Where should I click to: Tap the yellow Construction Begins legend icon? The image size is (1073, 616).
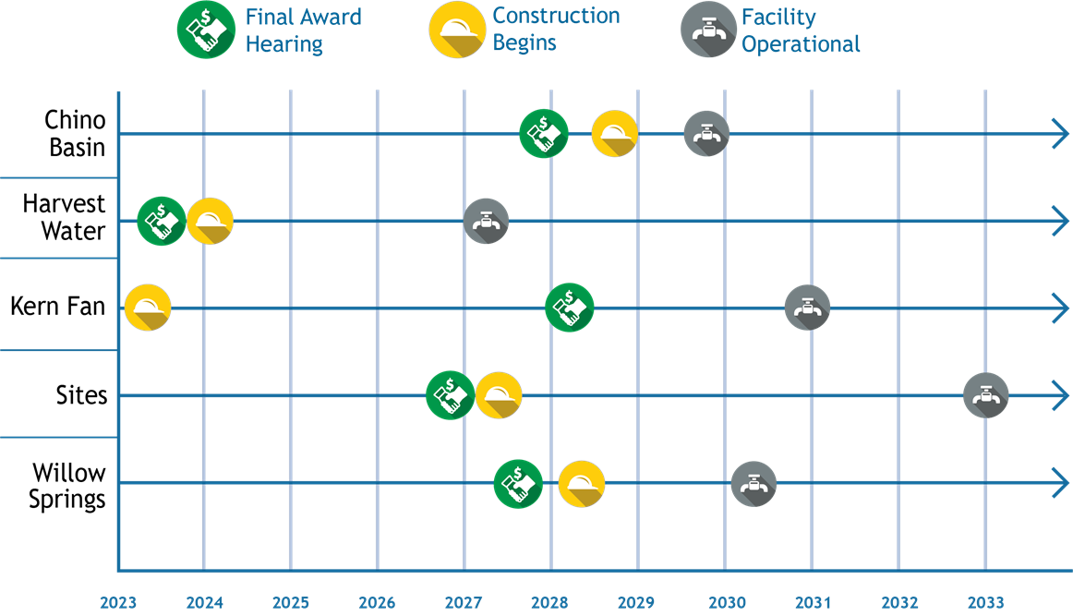pos(457,30)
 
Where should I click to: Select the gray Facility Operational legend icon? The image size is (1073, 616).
pos(707,30)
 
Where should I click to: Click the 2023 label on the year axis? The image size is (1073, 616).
pos(118,603)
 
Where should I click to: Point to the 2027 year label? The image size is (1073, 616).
pos(464,603)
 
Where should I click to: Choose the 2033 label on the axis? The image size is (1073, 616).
pos(985,603)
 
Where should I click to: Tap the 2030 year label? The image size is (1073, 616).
pos(727,603)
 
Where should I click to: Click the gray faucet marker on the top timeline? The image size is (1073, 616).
pos(706,134)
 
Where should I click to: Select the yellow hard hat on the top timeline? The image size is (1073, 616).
pos(614,134)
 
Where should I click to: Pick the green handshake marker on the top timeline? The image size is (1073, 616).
pos(543,134)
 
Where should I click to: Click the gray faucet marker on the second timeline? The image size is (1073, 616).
pos(486,222)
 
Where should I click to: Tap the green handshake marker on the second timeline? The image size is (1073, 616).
pos(162,222)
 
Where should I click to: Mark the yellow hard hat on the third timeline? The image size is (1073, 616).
pos(148,308)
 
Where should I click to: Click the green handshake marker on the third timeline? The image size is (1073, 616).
pos(569,308)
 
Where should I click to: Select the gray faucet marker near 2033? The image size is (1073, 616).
pos(986,396)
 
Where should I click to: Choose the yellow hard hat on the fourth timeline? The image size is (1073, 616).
pos(499,395)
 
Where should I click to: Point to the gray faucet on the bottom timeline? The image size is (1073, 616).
pos(754,483)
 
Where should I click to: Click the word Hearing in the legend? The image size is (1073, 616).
pos(283,44)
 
